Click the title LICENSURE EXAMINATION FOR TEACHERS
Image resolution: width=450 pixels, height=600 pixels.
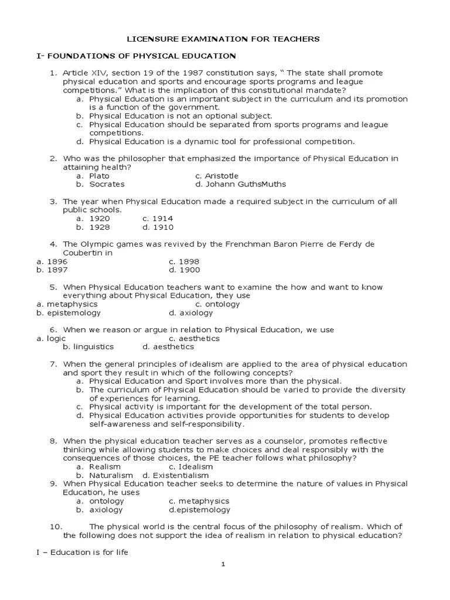pos(224,39)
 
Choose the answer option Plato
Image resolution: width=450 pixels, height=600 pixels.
pos(99,176)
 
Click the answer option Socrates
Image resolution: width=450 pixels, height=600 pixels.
pos(107,184)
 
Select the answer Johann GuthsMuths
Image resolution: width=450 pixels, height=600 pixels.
pos(240,184)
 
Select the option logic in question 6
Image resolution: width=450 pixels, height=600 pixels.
pos(56,339)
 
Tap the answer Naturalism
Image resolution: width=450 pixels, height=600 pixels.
pos(111,475)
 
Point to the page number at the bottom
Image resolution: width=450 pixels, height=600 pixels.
pos(223,564)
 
